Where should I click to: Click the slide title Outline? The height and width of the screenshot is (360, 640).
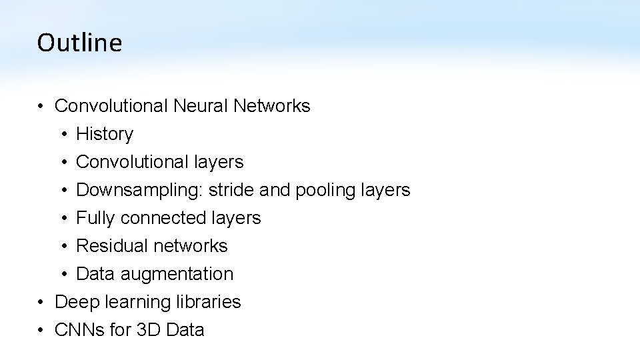pyautogui.click(x=79, y=43)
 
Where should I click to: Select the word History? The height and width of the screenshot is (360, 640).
pyautogui.click(x=105, y=134)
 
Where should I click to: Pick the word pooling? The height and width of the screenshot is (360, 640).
pyautogui.click(x=326, y=191)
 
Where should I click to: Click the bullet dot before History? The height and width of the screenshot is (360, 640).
pyautogui.click(x=62, y=135)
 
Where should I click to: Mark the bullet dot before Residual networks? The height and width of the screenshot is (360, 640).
pyautogui.click(x=62, y=247)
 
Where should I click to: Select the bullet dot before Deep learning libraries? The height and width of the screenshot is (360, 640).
pyautogui.click(x=41, y=303)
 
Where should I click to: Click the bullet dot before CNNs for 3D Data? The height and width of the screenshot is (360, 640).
pyautogui.click(x=41, y=331)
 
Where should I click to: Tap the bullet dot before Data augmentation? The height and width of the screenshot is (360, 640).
pyautogui.click(x=62, y=275)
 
